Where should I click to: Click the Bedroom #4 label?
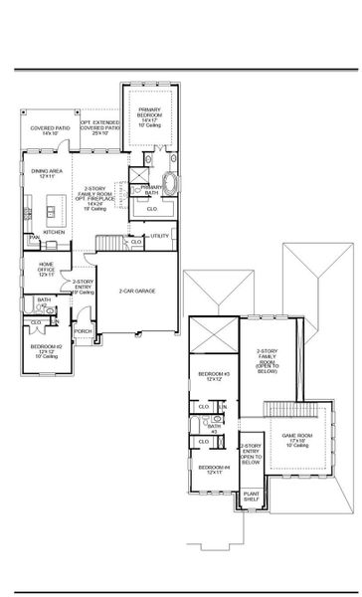click(x=212, y=469)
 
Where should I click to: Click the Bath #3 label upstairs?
click(x=213, y=427)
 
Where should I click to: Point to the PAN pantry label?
click(x=33, y=239)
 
